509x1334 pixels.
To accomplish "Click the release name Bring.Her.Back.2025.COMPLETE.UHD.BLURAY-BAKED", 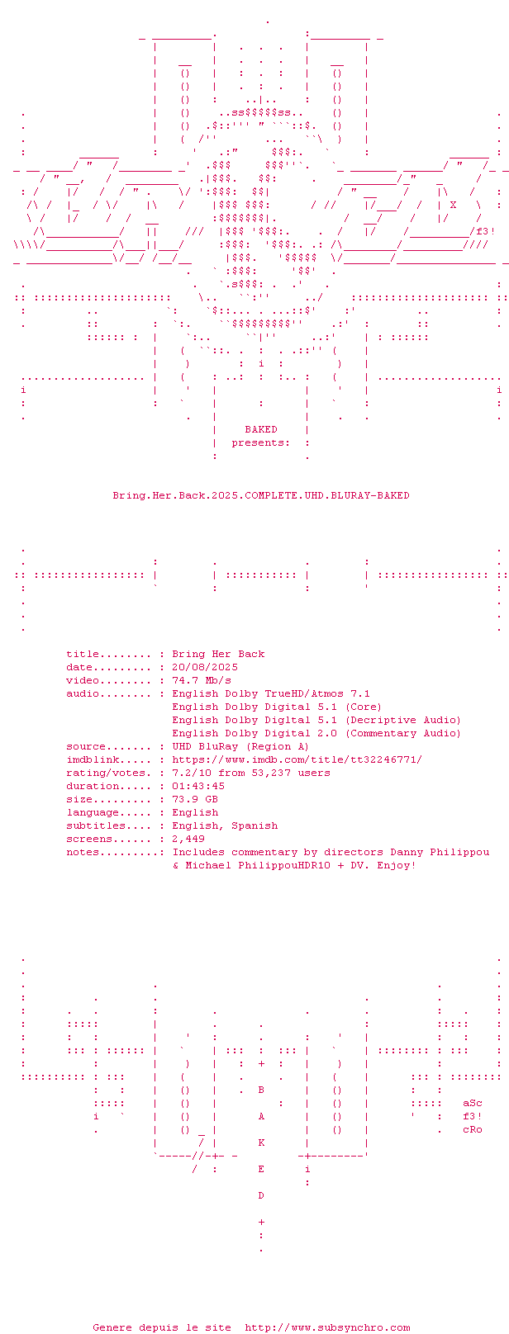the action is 261,495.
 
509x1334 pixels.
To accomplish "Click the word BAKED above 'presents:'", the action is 261,429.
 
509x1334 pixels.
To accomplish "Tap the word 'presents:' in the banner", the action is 261,443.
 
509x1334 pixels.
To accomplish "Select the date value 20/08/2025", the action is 205,668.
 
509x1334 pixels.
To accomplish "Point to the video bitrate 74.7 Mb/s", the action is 202,681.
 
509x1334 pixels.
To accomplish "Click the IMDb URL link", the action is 297,760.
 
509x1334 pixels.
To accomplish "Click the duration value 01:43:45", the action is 198,786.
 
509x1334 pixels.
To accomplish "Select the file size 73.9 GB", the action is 195,799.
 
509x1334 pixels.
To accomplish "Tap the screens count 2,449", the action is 188,839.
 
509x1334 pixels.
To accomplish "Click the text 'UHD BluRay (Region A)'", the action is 241,747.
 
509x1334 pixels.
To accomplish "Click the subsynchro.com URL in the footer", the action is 327,1327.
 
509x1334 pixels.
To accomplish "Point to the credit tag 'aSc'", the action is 473,1104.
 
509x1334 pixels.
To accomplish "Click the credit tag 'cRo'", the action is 473,1130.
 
